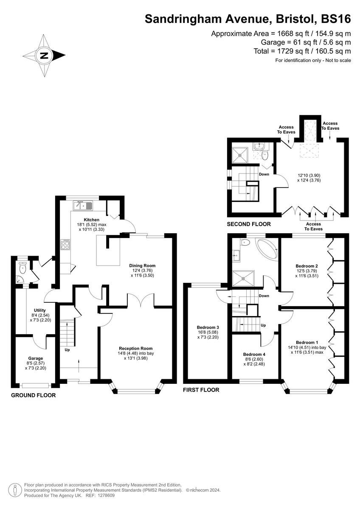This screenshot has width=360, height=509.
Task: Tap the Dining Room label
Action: tap(141, 266)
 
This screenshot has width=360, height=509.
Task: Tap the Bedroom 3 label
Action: tap(208, 327)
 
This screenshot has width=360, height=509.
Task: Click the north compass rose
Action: tap(44, 55)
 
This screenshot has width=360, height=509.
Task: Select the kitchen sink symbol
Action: tap(83, 206)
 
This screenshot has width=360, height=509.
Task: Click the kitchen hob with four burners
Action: tap(66, 244)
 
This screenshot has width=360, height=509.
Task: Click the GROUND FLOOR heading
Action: tap(33, 395)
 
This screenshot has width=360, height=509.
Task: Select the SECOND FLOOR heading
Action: tap(248, 224)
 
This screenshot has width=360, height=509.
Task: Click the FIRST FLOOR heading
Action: tap(201, 389)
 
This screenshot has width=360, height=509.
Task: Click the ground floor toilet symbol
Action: tap(22, 268)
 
